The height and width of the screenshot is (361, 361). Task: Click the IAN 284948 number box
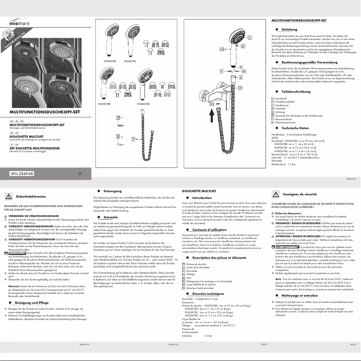(22, 173)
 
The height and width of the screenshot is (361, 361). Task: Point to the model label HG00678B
(104, 104)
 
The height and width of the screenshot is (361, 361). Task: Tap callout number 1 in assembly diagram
(243, 46)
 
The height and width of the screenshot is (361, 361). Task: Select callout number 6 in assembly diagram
(241, 77)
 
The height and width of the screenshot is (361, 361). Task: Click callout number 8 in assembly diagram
(244, 71)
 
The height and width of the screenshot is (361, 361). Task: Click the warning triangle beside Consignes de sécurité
(275, 194)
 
